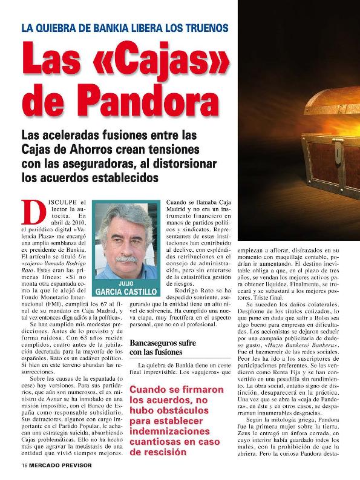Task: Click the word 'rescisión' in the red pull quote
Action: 181,452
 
